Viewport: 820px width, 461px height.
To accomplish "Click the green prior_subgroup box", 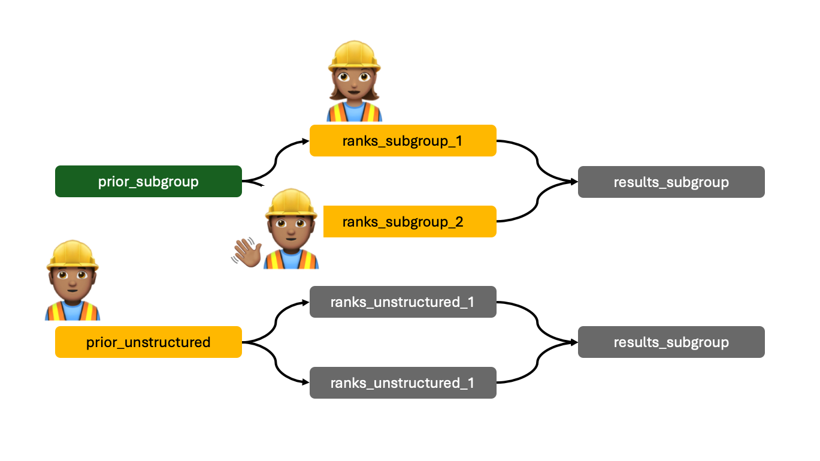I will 148,181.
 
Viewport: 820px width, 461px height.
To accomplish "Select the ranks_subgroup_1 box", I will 403,141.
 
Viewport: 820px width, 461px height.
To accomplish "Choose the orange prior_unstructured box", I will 148,342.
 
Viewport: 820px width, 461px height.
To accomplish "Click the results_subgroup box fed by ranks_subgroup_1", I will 671,182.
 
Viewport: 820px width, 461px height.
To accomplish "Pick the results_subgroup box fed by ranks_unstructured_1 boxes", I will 671,342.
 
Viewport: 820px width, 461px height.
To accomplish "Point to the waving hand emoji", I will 246,251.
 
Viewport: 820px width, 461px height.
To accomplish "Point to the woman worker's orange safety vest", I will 354,112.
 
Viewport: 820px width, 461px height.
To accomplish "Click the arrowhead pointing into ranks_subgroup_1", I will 305,141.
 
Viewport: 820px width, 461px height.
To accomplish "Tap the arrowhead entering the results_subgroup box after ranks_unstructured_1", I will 573,342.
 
